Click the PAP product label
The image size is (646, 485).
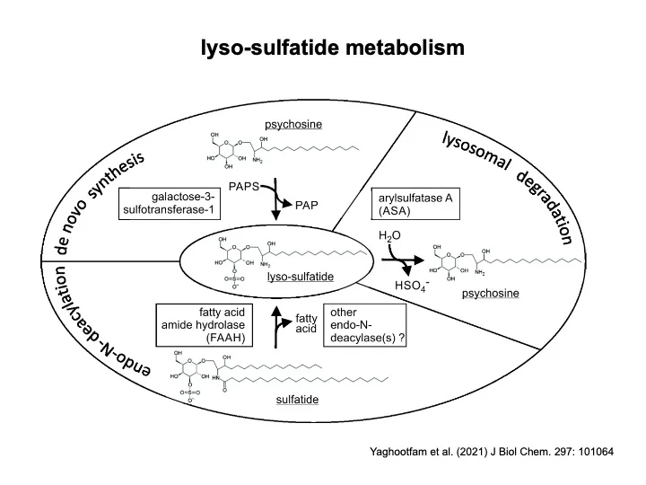point(307,205)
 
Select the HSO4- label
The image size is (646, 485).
point(414,286)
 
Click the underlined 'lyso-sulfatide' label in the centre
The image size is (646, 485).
point(301,277)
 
